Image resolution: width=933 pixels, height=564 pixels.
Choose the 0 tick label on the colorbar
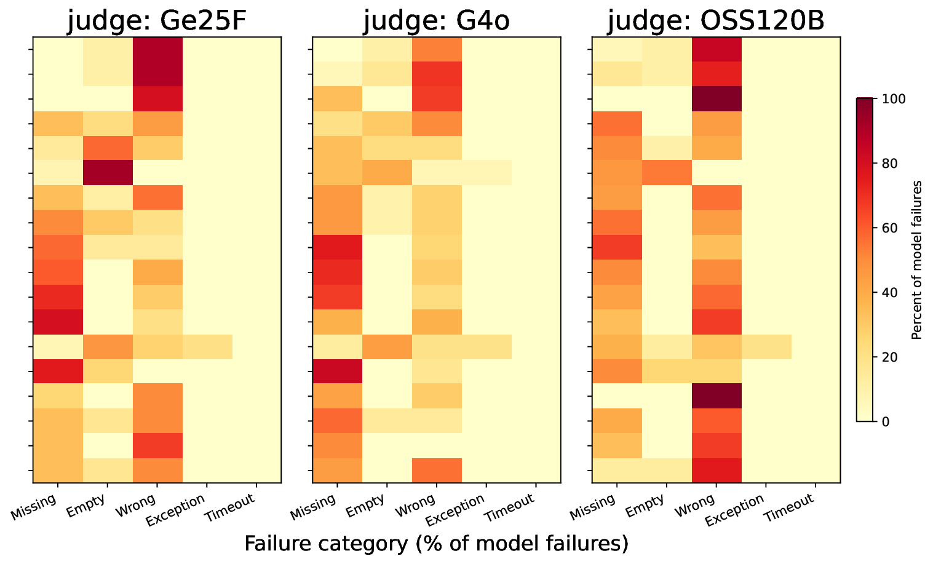tap(873, 422)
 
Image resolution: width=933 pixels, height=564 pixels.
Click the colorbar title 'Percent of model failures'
tap(916, 260)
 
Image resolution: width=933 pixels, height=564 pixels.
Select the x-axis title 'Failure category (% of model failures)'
tap(436, 544)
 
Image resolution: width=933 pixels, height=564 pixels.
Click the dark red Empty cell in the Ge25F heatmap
tap(108, 173)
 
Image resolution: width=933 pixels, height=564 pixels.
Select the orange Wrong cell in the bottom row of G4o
tap(437, 471)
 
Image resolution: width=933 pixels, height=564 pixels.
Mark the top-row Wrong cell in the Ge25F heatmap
tap(157, 49)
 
